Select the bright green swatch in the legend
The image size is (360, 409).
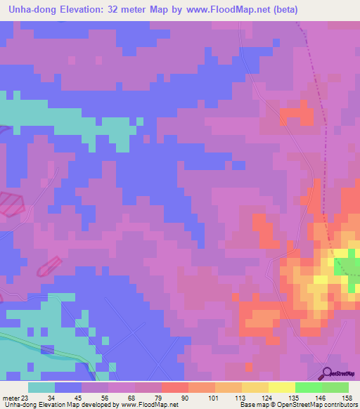pos(308,387)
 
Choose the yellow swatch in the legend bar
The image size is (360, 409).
pos(281,387)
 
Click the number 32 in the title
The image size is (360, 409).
pos(110,10)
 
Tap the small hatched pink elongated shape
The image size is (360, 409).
pos(47,266)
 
